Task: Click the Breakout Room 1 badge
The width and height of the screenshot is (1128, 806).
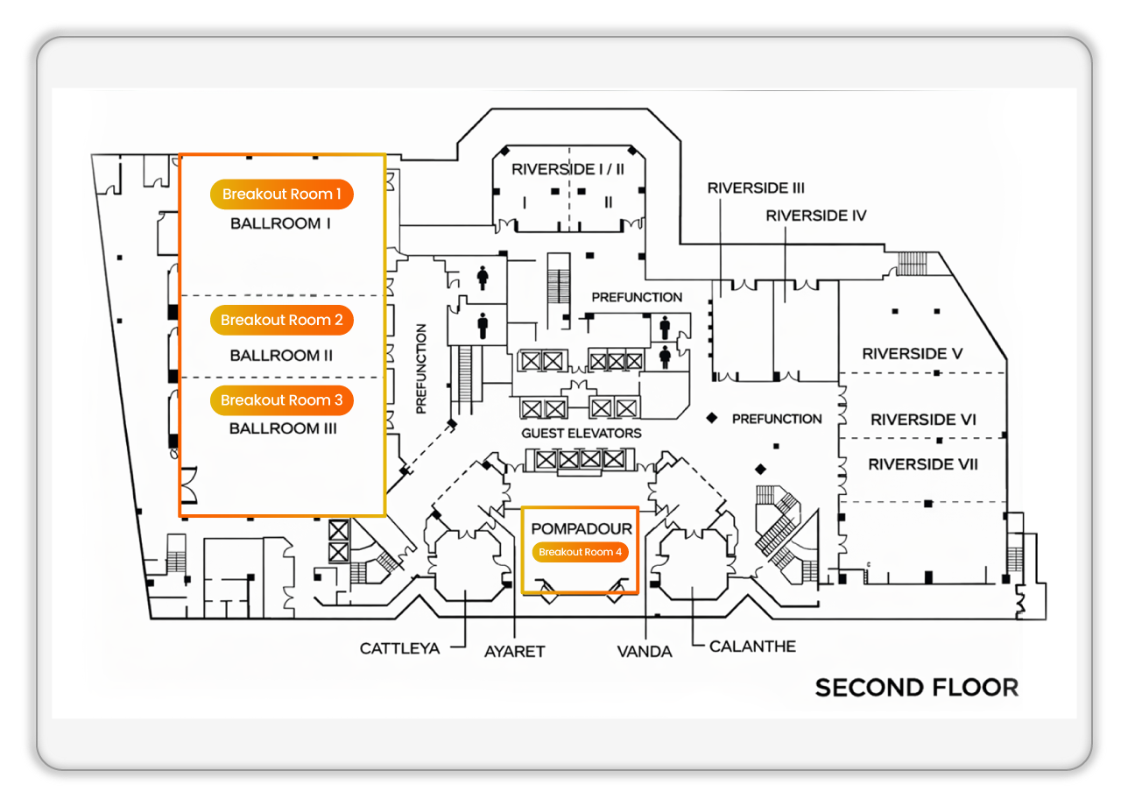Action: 281,194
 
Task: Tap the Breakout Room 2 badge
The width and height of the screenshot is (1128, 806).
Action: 281,321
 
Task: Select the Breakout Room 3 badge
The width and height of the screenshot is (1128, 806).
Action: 281,400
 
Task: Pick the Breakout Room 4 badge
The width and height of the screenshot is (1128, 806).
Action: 580,552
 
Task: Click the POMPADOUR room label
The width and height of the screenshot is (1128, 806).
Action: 582,529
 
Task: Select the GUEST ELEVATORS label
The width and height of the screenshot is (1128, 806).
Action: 582,433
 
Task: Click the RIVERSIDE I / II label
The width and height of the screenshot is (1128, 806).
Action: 568,168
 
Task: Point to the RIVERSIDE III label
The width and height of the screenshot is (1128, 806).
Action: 756,187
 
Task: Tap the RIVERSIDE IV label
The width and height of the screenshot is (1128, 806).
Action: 815,215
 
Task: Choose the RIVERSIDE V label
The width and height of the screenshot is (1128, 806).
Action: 913,354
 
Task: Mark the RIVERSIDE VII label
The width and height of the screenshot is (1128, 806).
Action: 923,464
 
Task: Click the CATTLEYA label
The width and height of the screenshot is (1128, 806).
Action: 399,649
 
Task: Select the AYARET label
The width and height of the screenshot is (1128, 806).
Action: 515,651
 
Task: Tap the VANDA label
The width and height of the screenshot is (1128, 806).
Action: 645,651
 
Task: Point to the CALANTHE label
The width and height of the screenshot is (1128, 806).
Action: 752,647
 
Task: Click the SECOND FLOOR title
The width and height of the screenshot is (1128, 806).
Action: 917,688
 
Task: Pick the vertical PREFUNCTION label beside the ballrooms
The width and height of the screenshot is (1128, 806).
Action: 421,369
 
